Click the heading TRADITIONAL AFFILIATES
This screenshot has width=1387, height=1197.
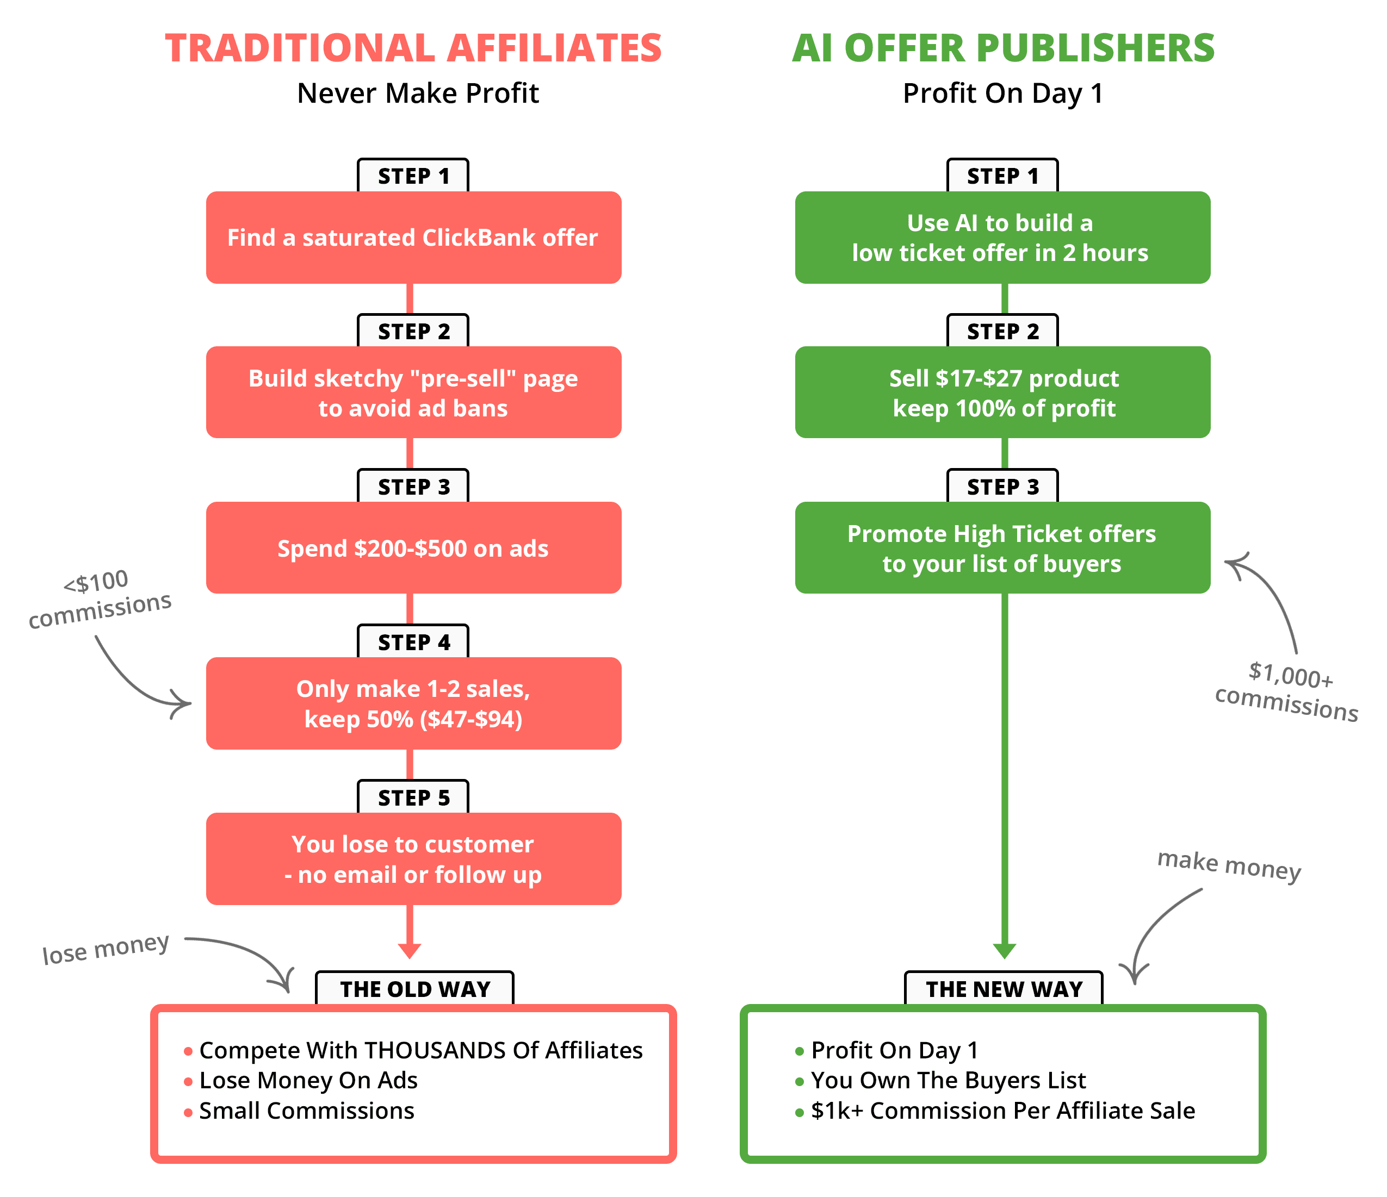click(413, 48)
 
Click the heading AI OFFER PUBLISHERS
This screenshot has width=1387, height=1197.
click(1003, 48)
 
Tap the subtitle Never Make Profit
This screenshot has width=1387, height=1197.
click(418, 93)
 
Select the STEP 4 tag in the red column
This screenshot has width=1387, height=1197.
click(413, 643)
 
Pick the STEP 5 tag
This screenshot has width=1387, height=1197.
click(413, 797)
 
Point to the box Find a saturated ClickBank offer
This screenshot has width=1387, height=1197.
click(413, 238)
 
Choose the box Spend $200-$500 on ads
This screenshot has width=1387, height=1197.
click(413, 548)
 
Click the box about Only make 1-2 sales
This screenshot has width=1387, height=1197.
click(413, 704)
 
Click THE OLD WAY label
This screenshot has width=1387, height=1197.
click(414, 989)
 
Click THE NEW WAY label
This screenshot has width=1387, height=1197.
click(1004, 989)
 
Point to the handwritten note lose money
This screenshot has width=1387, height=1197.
click(106, 949)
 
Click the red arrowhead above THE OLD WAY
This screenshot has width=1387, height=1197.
click(409, 951)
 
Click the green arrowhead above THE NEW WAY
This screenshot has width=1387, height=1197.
click(1004, 951)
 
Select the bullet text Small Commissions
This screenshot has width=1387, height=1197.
click(307, 1111)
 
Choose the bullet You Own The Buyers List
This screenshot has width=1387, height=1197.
click(948, 1080)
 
